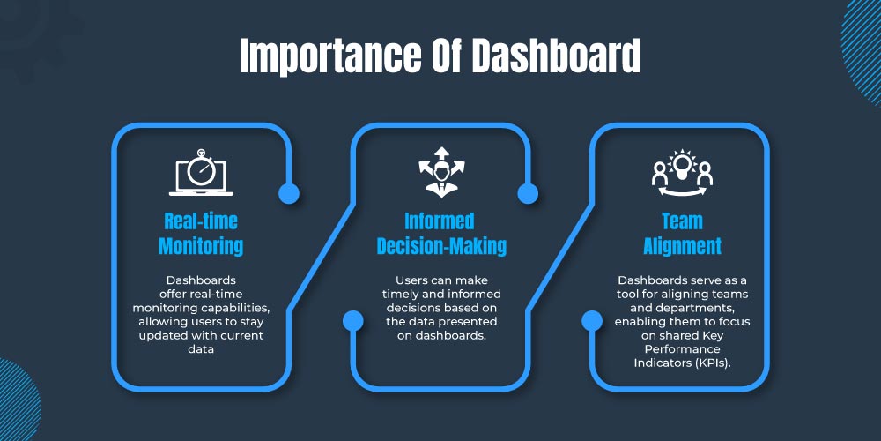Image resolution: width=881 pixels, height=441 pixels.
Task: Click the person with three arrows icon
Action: [441, 172]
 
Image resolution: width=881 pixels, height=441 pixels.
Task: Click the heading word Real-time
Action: [201, 221]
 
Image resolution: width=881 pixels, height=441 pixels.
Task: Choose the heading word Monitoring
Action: [201, 246]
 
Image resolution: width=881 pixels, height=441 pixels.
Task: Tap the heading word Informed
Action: [440, 221]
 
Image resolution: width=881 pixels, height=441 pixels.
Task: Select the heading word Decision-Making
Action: [441, 246]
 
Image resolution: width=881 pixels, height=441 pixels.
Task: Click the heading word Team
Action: [682, 221]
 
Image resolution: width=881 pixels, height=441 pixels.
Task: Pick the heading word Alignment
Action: [682, 246]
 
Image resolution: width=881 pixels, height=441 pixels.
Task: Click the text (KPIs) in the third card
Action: [711, 363]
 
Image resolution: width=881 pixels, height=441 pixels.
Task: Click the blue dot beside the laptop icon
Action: [289, 193]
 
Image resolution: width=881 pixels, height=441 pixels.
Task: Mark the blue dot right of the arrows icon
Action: [528, 193]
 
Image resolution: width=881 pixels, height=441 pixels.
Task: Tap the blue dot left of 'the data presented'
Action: [353, 321]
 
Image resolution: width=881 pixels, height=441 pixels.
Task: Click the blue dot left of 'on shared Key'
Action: [592, 321]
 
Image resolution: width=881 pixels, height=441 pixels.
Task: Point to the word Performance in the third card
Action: [682, 349]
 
